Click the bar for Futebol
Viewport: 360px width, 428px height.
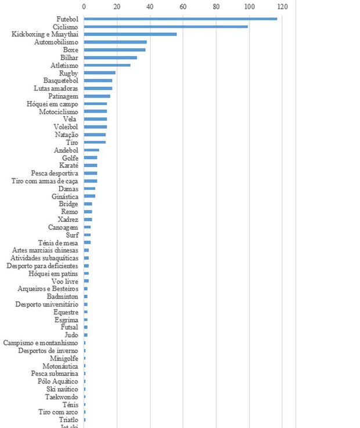coord(180,19)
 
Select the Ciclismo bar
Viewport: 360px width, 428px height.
coord(165,27)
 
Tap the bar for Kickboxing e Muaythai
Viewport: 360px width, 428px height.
coord(130,34)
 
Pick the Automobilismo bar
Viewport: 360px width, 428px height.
coord(115,42)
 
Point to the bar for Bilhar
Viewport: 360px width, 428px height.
coord(110,57)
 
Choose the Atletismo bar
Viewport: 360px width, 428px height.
coord(107,65)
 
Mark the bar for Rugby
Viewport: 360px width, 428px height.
coord(99,73)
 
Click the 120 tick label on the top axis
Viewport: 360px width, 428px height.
coord(282,7)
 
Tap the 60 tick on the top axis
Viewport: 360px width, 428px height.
coord(183,7)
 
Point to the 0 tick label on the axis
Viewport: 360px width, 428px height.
coord(84,7)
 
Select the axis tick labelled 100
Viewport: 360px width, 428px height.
coord(249,7)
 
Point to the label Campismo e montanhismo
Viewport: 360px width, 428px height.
coord(41,343)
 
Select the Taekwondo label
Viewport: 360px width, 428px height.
coord(62,397)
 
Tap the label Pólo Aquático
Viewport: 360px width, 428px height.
coord(58,382)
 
